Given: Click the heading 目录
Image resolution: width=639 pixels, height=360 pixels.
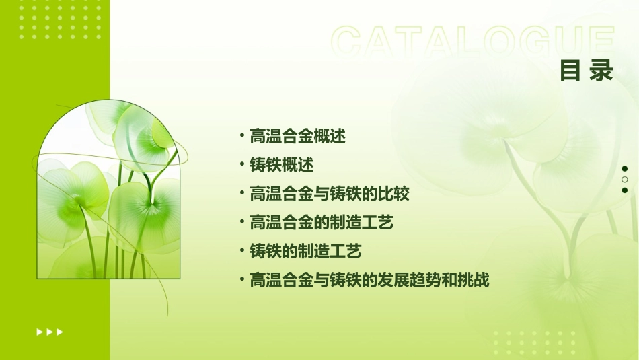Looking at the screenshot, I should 587,71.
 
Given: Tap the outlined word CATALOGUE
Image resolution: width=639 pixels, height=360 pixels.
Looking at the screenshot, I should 473,42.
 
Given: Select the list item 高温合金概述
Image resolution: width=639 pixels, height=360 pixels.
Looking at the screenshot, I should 297,137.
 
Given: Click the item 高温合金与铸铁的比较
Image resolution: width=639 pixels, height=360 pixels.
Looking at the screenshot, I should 330,194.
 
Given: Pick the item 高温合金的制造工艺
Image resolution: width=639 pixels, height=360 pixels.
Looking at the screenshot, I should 322,223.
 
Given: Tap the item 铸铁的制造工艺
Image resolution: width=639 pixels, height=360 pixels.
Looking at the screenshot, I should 305,252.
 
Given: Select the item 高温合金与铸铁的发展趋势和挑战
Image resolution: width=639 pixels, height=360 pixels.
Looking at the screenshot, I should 369,281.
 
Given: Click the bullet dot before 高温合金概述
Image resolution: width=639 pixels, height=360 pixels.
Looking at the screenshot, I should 241,137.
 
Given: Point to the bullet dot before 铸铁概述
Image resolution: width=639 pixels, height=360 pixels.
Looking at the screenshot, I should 241,166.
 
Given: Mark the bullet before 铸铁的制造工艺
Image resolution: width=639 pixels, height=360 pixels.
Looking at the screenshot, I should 241,252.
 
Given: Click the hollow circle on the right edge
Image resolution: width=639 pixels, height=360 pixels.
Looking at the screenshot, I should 625,180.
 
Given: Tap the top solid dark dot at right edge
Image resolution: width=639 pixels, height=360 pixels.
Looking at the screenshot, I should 625,169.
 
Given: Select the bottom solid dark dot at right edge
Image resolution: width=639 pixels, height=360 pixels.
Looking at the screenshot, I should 625,190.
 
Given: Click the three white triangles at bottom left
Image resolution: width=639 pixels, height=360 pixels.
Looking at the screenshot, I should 50,332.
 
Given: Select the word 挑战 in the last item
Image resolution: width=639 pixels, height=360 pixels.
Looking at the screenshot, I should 474,281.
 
